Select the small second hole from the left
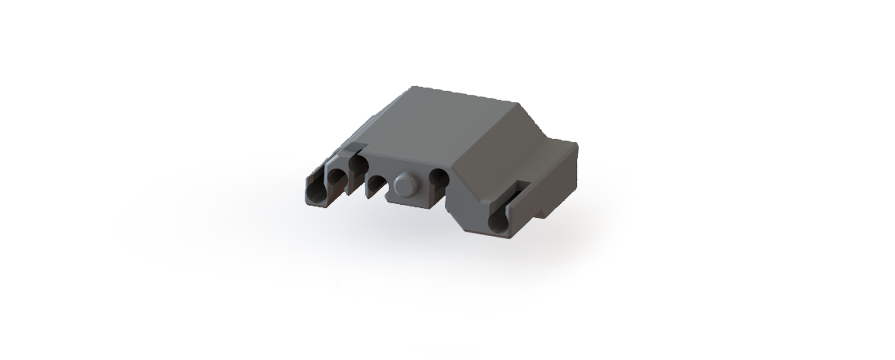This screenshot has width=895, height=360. (x=337, y=177)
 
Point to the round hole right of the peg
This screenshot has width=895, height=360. (x=439, y=177)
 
